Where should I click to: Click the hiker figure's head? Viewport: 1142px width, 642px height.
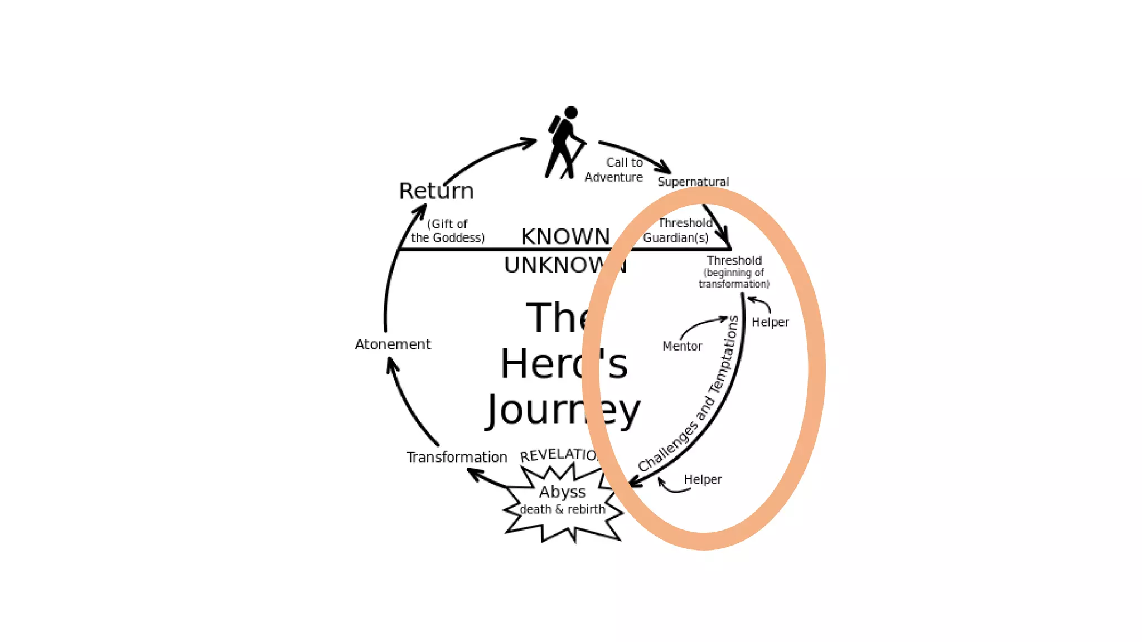[570, 113]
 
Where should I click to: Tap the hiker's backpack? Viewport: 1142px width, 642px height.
[555, 125]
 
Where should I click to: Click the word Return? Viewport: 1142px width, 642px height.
[436, 191]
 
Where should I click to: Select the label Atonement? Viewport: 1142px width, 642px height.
[393, 344]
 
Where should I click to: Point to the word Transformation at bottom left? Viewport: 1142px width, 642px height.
[456, 457]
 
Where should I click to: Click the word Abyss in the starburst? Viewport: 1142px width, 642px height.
[562, 492]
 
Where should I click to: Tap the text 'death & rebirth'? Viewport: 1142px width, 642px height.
[562, 509]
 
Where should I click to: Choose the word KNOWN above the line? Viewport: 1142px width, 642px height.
[565, 236]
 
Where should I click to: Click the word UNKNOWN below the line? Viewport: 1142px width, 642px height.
[565, 265]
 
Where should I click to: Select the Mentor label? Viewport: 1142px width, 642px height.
[682, 346]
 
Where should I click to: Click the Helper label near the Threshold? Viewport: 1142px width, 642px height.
[770, 322]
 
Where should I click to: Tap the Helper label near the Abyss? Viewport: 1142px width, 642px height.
[703, 480]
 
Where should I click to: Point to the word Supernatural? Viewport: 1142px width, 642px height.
[693, 182]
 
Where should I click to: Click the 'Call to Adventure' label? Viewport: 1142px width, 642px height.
[614, 170]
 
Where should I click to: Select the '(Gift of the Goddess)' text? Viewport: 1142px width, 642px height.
[448, 231]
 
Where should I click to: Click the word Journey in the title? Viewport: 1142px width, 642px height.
[563, 411]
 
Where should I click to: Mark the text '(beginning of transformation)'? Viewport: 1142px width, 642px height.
[734, 278]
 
